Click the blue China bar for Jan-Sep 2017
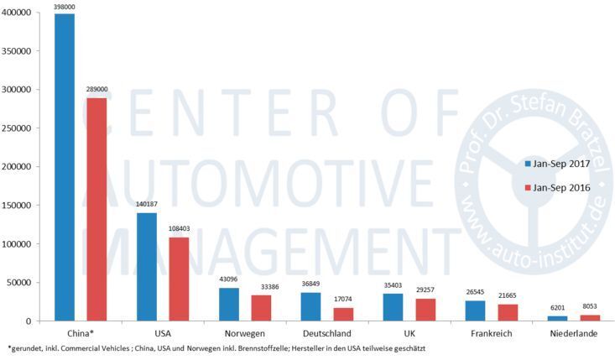pyautogui.click(x=65, y=167)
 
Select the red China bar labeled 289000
pyautogui.click(x=96, y=209)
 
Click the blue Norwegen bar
pyautogui.click(x=229, y=304)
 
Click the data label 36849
pyautogui.click(x=311, y=284)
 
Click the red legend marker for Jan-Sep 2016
pyautogui.click(x=528, y=188)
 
